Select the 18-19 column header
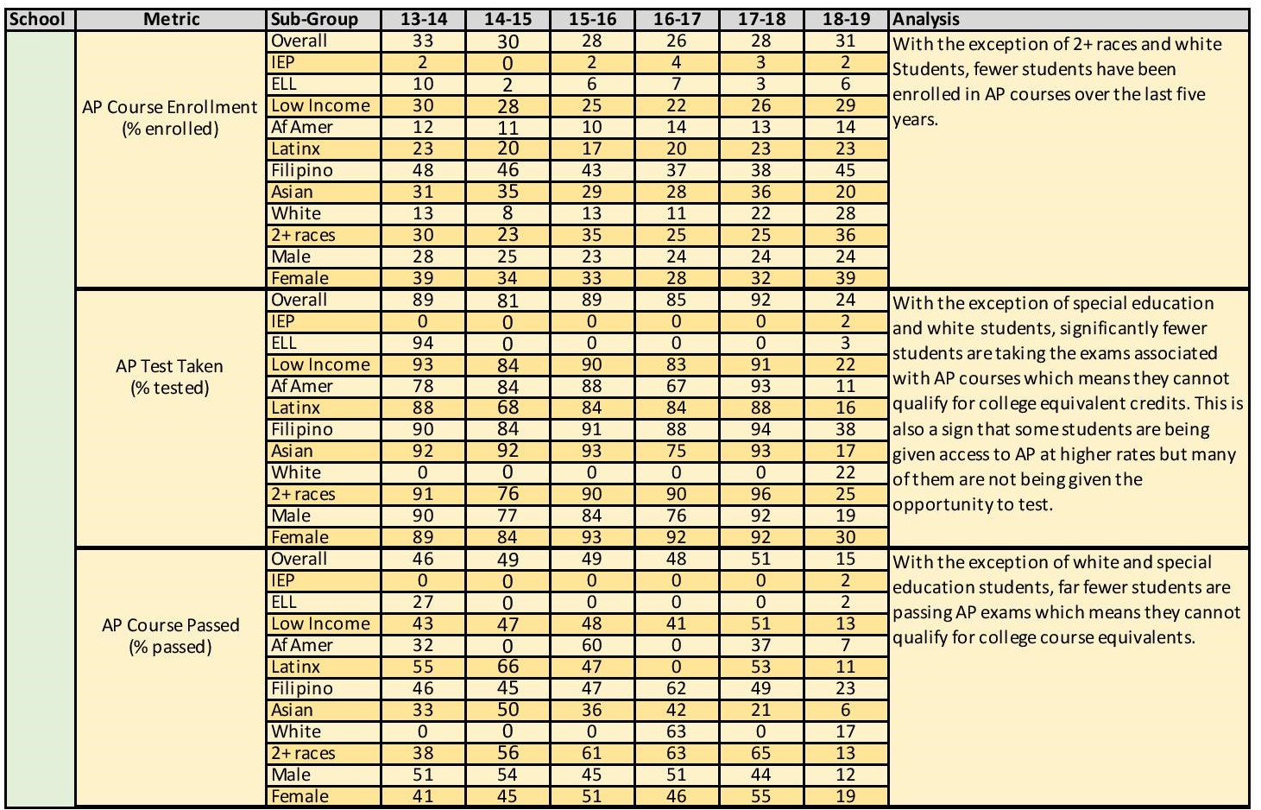coord(845,19)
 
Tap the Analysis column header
coord(926,19)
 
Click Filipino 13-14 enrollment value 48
coord(423,170)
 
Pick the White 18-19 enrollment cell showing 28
coord(845,213)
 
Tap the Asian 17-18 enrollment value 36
coord(760,192)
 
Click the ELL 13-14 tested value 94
coord(423,343)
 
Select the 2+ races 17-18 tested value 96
coord(760,494)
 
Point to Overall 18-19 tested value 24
coord(845,300)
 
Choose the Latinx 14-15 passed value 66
coord(508,667)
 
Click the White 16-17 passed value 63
coord(677,731)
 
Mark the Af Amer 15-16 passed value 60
coord(592,645)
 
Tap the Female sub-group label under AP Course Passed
coord(299,796)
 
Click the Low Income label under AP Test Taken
coord(320,364)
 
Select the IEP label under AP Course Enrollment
coord(282,62)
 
